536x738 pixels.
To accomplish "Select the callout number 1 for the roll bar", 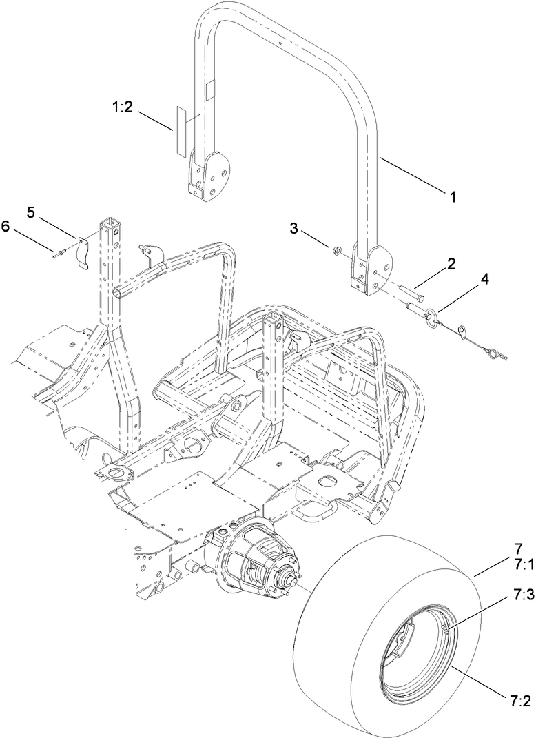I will coord(453,196).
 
